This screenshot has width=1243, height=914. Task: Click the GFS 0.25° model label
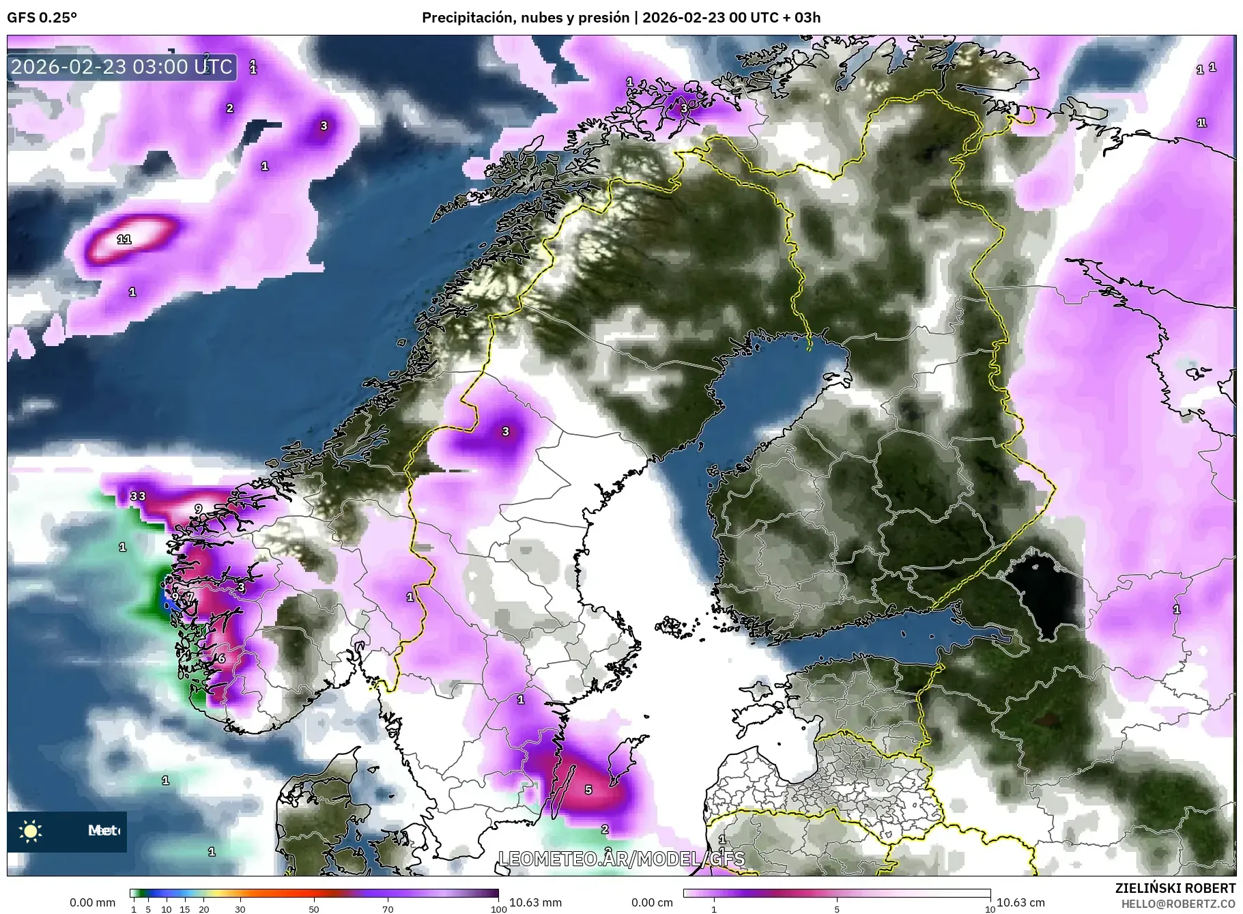point(42,18)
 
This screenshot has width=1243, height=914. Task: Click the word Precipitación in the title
point(468,18)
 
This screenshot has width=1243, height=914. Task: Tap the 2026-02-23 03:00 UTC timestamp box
point(122,67)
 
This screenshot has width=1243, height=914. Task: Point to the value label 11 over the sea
point(124,239)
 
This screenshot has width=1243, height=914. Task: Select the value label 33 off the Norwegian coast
point(138,496)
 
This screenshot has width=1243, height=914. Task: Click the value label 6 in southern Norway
point(221,659)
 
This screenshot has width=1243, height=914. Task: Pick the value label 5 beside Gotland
point(588,789)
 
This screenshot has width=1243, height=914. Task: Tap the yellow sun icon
point(31,831)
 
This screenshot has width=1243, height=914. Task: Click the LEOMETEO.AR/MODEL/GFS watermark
point(621,859)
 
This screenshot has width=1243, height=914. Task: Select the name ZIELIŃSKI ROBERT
point(1175,888)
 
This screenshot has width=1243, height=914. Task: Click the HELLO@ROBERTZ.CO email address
point(1178,903)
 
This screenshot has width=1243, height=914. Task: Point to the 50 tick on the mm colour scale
point(313,909)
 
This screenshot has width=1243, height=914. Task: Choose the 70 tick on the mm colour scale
point(388,909)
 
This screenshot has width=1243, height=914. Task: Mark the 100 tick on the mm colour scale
point(499,909)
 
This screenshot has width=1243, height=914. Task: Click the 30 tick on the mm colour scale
point(240,909)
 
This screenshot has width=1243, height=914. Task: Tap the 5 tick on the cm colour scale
point(837,909)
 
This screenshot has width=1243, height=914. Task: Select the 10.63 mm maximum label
point(535,902)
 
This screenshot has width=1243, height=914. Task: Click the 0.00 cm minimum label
point(652,902)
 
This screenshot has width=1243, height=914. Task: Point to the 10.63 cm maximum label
point(1020,902)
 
